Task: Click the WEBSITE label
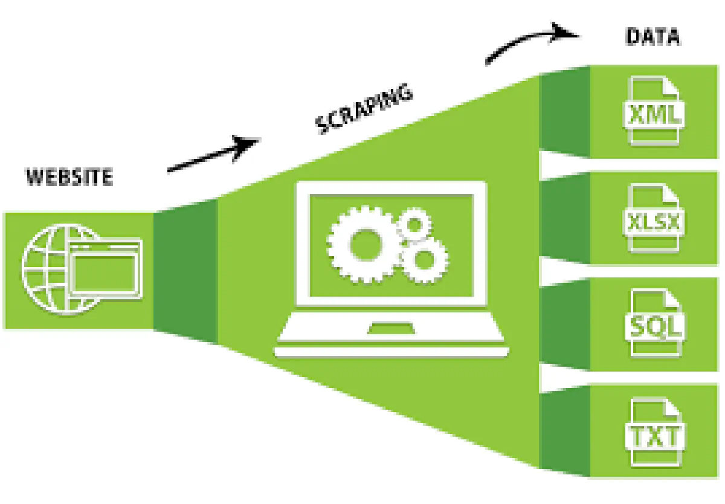(x=69, y=178)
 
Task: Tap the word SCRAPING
(x=365, y=109)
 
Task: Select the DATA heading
(x=652, y=37)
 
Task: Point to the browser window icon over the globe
(x=106, y=268)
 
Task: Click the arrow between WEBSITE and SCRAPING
(x=213, y=155)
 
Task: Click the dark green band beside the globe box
(x=185, y=270)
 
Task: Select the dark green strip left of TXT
(x=564, y=431)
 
